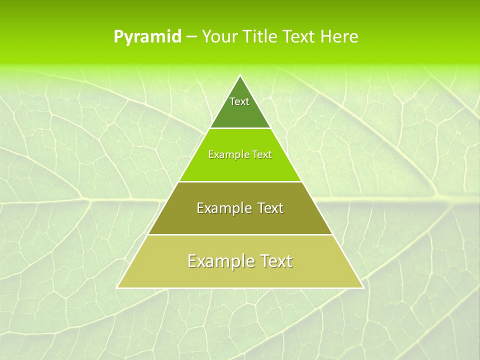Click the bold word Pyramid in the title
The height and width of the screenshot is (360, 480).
[147, 36]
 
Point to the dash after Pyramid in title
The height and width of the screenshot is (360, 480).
[191, 37]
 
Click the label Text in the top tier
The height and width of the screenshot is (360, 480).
[239, 101]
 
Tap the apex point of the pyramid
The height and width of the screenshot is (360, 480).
[240, 76]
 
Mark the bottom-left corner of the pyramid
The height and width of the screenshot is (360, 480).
[117, 287]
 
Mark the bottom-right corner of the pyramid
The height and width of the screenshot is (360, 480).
[363, 287]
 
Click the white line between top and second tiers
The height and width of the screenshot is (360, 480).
[240, 128]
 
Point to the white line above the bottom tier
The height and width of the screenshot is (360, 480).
[240, 234]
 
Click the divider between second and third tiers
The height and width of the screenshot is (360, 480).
[240, 181]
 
